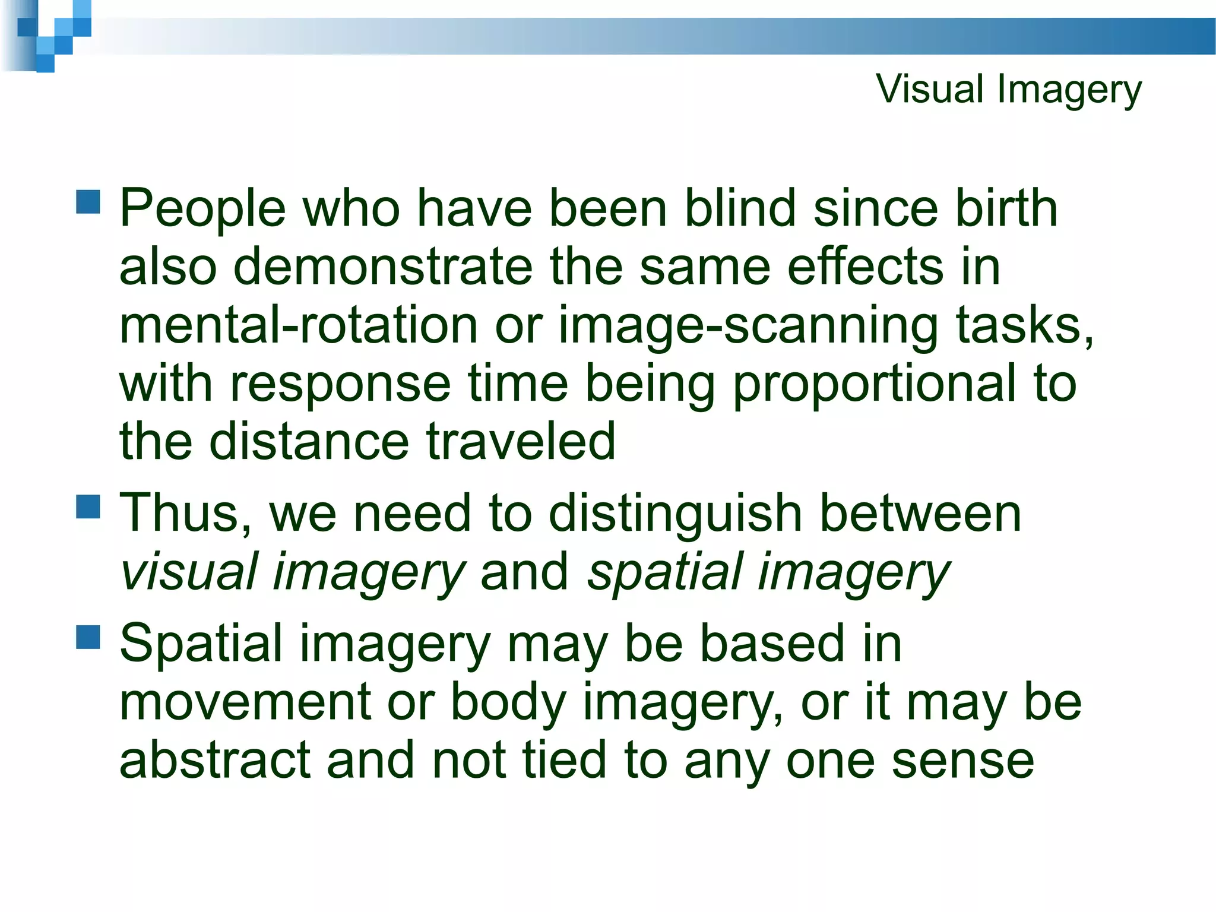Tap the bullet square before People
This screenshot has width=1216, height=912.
tap(88, 202)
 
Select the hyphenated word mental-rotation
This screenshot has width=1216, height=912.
tap(298, 325)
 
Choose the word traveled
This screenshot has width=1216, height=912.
tap(521, 441)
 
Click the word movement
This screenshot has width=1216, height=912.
tap(245, 702)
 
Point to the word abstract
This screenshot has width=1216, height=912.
tap(214, 760)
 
